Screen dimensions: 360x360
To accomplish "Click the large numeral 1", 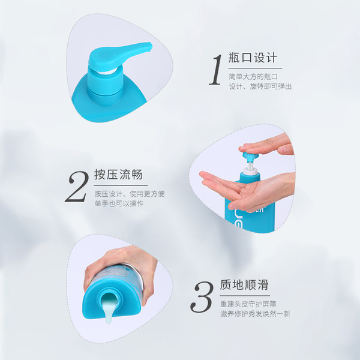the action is pos(216,70).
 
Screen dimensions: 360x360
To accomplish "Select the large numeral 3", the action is pos(202,297).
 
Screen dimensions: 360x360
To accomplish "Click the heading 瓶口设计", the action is pos(253,58).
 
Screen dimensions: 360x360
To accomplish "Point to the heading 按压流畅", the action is pos(118,175).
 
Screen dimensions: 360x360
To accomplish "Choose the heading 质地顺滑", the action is pos(244,284).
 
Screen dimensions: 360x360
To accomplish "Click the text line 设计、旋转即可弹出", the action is pos(260,86).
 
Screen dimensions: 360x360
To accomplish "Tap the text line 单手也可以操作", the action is pos(119,203).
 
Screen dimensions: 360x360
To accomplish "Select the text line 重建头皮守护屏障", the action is pos(248,304).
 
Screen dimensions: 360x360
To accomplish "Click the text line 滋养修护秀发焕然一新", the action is pos(256,314).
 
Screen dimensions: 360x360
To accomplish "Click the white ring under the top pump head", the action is pos(107,71).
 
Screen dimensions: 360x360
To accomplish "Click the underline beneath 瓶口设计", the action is pos(255,68).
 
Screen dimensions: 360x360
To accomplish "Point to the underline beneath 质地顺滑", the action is pos(245,296).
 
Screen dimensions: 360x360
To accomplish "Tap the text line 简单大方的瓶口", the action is pos(253,77).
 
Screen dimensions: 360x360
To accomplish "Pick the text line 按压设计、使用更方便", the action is pos(130,194).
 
